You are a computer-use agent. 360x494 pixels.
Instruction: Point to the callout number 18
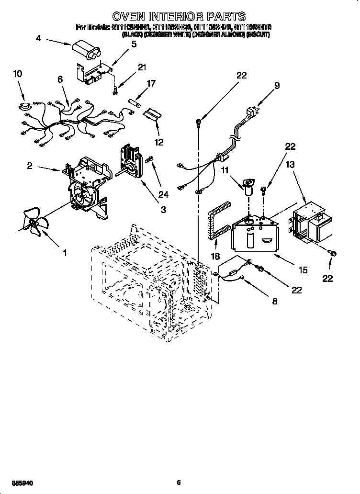coord(216,257)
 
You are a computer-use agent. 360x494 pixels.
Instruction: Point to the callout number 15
coord(303,270)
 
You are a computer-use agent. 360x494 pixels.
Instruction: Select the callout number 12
coord(158,142)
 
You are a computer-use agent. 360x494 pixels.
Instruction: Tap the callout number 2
coord(29,166)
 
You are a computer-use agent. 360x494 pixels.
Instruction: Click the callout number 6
coord(60,79)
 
